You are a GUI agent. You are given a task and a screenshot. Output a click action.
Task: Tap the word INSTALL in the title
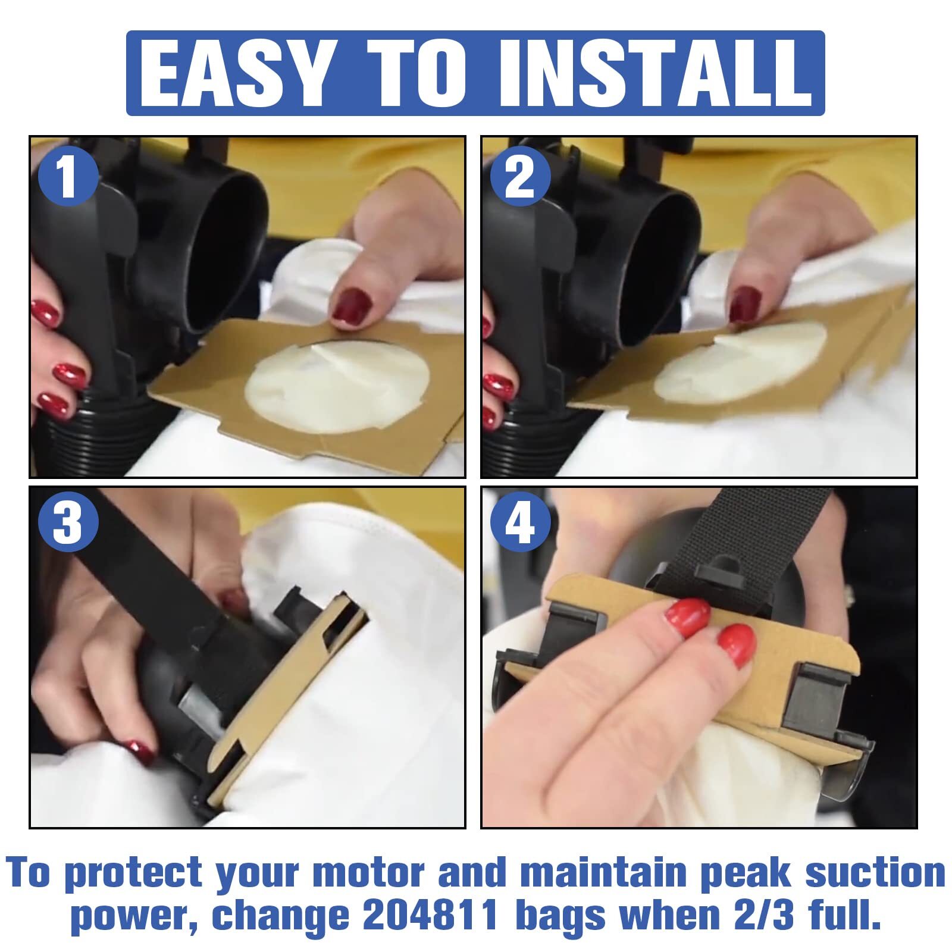pyautogui.click(x=655, y=73)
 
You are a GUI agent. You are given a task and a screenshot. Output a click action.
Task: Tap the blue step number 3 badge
pyautogui.click(x=68, y=522)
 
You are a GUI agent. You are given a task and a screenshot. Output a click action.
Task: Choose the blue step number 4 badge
pyautogui.click(x=520, y=522)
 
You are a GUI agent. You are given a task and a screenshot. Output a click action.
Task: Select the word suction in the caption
pyautogui.click(x=875, y=873)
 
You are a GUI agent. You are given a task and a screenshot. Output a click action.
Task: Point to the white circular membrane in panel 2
pyautogui.click(x=740, y=362)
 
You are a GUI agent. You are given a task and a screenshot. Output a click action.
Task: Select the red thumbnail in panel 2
pyautogui.click(x=744, y=304)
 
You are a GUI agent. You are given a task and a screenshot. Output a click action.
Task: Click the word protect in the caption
pyautogui.click(x=133, y=874)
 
